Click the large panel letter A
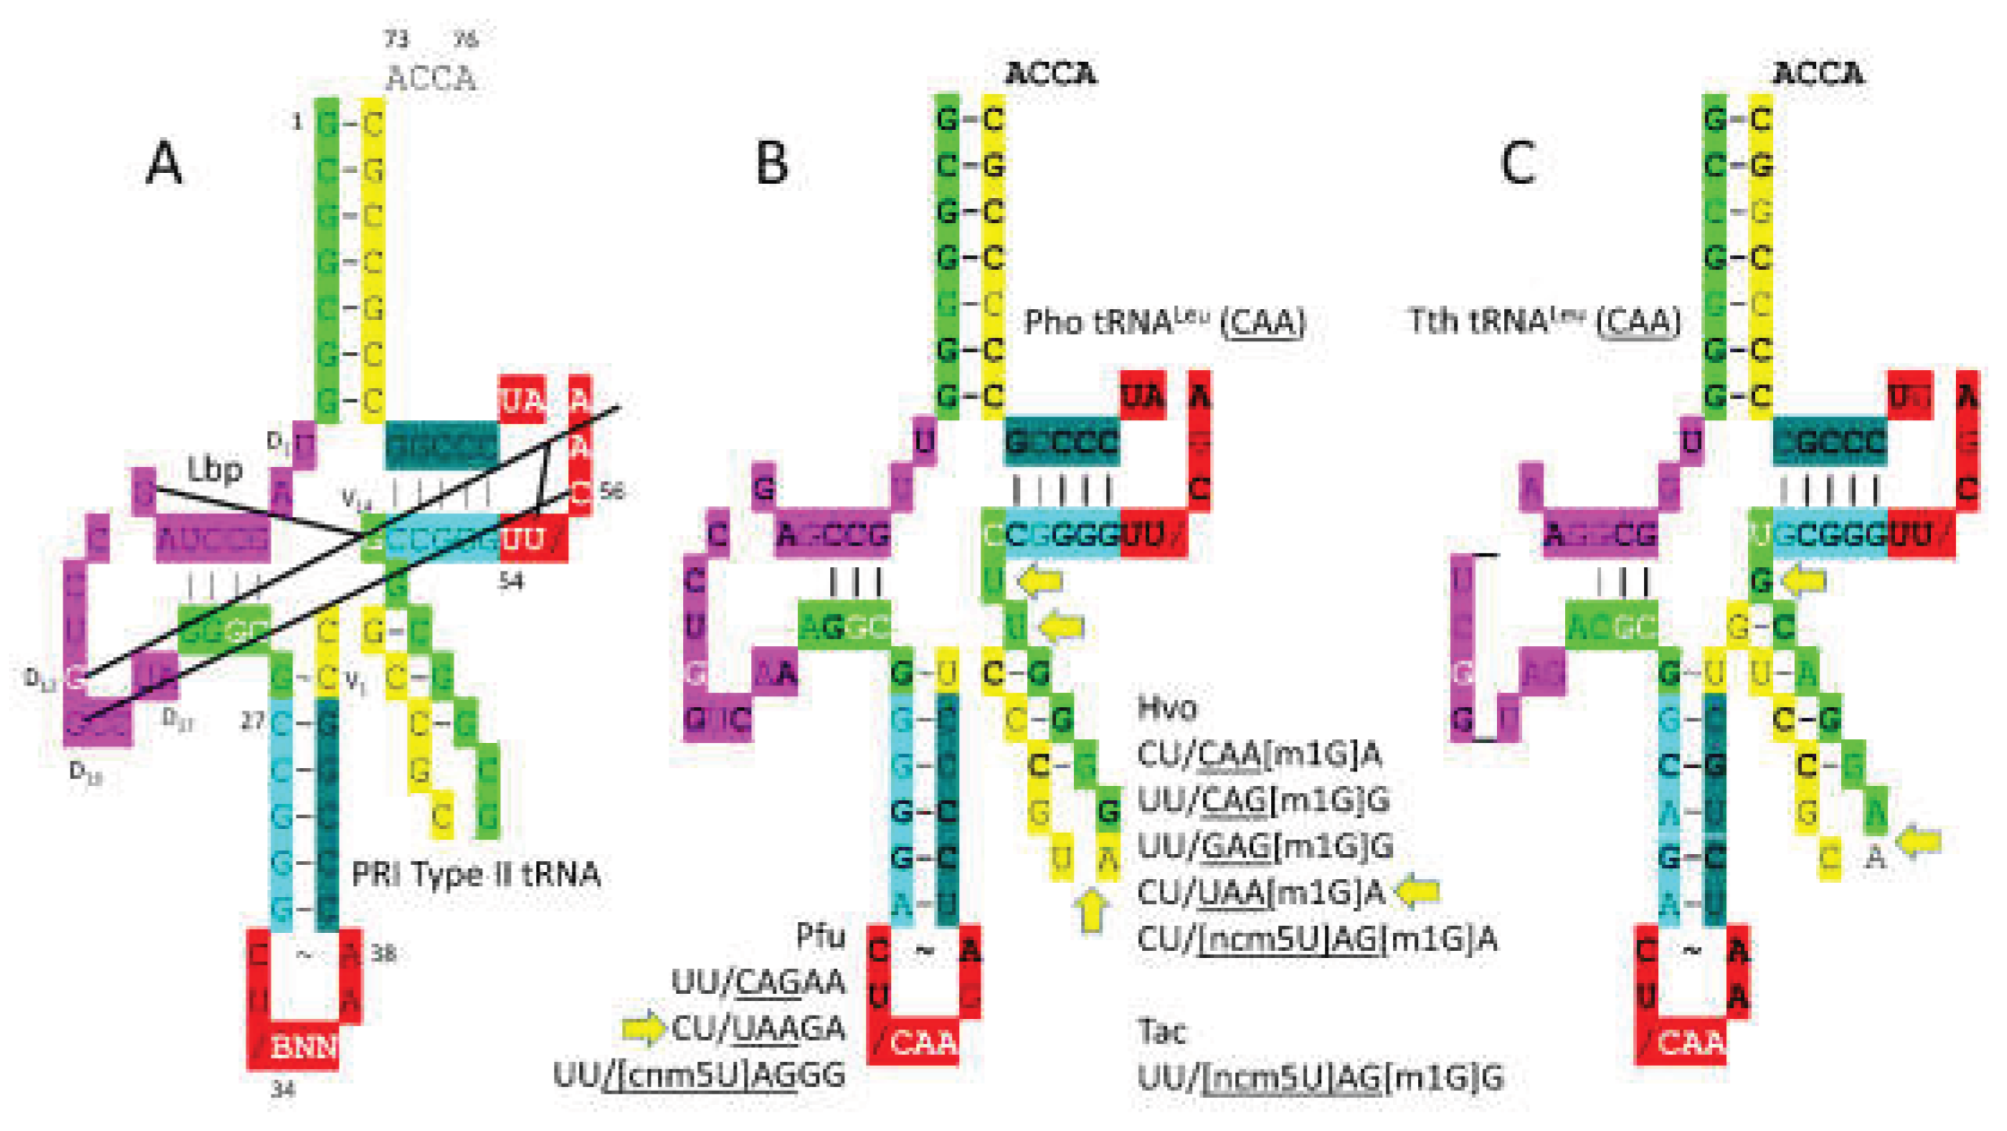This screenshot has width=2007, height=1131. [164, 165]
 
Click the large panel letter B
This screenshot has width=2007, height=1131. [772, 165]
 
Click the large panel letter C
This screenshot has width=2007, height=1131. [1518, 165]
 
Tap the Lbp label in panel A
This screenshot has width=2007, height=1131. [214, 469]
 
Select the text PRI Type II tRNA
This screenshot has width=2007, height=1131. [475, 875]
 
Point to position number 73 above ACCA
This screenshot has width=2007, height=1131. [396, 39]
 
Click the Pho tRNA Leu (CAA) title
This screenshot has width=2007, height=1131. [1164, 322]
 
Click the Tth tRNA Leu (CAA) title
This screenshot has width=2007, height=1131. [1544, 322]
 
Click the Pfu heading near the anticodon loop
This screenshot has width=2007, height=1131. [820, 937]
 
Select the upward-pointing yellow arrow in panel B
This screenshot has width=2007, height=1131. [1092, 911]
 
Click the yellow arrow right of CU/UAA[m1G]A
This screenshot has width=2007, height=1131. [1419, 891]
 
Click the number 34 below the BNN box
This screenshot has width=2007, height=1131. [282, 1091]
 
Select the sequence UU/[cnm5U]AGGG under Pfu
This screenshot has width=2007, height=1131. [699, 1075]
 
